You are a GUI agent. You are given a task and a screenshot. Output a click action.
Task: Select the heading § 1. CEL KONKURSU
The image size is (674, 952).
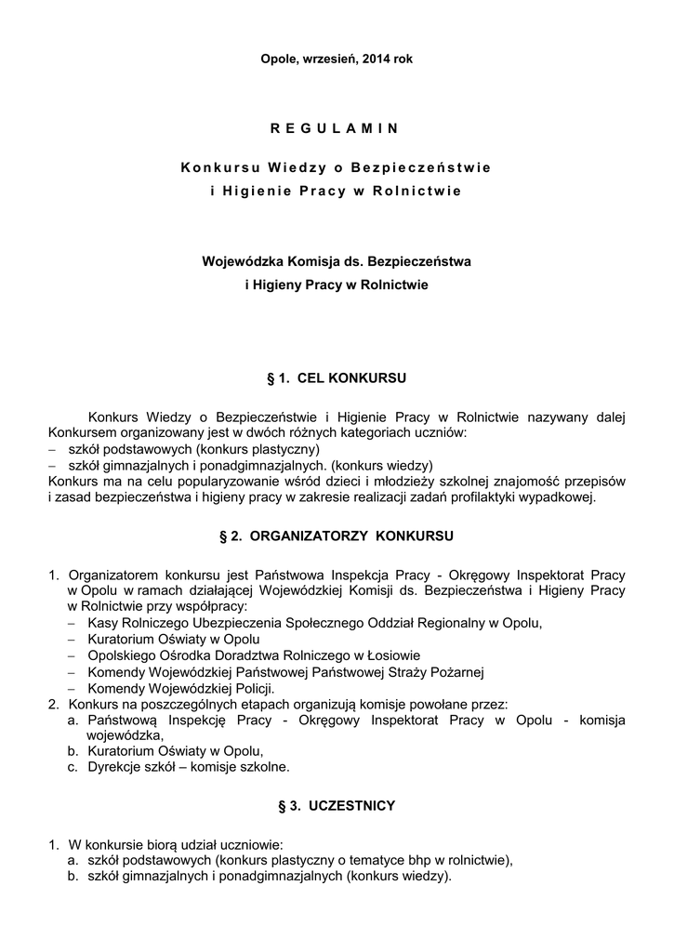click(x=337, y=379)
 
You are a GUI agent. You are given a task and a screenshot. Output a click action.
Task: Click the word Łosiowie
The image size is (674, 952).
click(x=393, y=655)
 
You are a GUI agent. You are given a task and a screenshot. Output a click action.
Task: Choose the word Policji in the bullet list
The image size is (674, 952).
click(x=251, y=689)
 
